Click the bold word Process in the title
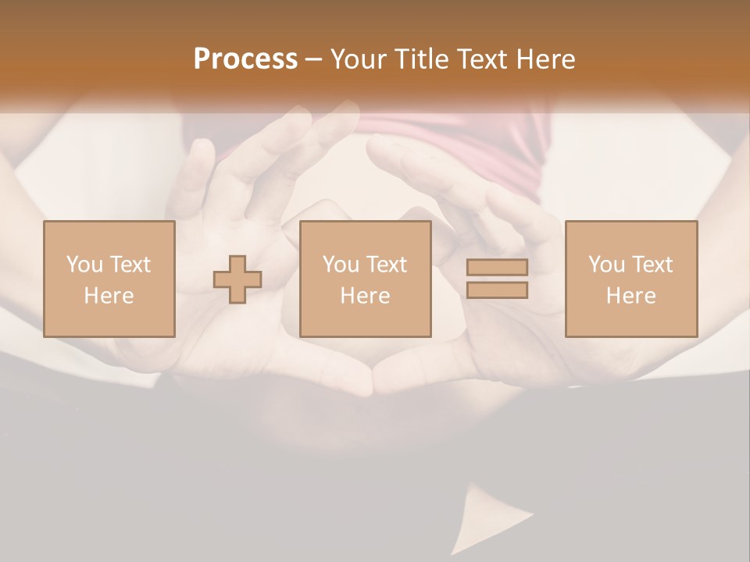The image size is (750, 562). pos(245,59)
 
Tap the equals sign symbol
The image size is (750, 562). pos(497,279)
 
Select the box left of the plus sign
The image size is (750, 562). pos(109,279)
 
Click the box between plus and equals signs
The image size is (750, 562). pos(365,279)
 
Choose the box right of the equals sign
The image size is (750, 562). pos(631,279)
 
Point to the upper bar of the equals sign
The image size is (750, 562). pos(497,267)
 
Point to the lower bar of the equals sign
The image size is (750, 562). pos(497,290)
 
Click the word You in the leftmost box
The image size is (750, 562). pos(84,265)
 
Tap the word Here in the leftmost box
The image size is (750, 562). pos(109,296)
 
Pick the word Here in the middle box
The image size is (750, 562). pos(365,296)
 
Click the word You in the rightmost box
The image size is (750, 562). pos(605,265)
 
